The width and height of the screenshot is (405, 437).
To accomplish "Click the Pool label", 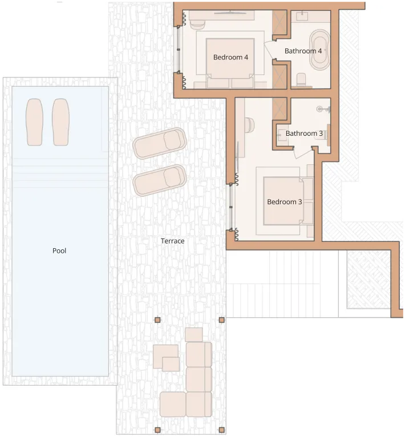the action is (59, 250).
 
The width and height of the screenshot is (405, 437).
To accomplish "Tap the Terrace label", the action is (172, 241).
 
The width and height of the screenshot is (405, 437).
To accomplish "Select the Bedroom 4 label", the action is (230, 57).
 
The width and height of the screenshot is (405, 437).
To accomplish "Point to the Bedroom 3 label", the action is (284, 202).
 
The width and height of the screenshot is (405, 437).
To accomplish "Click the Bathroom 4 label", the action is (303, 51).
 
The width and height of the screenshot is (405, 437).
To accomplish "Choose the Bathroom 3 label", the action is (304, 133).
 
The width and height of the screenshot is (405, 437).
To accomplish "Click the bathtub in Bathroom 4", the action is (320, 50).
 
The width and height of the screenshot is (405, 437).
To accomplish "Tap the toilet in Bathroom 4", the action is (301, 80).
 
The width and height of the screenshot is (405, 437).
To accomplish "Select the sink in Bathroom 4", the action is (302, 16).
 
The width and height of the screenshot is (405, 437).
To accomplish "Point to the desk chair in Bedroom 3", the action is (249, 124).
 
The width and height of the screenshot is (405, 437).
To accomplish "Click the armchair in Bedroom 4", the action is (197, 25).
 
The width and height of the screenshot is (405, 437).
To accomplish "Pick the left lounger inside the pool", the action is (35, 122).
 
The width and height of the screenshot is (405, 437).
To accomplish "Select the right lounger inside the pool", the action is (61, 122).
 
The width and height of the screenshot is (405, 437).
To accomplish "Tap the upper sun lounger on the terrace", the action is (160, 143).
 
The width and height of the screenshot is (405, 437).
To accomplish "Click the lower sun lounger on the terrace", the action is (160, 180).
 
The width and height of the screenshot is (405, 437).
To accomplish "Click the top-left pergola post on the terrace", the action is (157, 320).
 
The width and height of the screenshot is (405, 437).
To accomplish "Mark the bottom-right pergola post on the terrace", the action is (221, 430).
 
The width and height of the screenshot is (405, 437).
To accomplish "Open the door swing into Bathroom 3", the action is (302, 153).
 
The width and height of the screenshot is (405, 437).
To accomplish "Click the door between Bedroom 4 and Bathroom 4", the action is (269, 50).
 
